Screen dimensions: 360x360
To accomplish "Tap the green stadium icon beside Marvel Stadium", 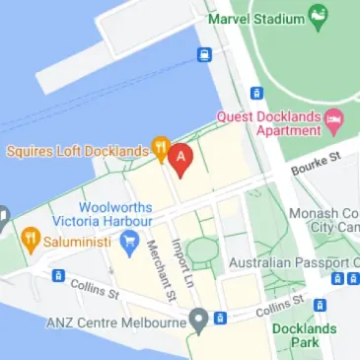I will pyautogui.click(x=317, y=16).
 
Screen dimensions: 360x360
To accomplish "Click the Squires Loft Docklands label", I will pyautogui.click(x=75, y=151).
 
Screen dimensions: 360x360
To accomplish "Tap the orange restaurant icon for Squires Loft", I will pyautogui.click(x=160, y=150).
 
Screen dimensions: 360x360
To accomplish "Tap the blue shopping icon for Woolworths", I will pyautogui.click(x=127, y=243).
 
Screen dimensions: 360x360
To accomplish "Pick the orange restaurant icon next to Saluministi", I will pyautogui.click(x=31, y=239).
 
